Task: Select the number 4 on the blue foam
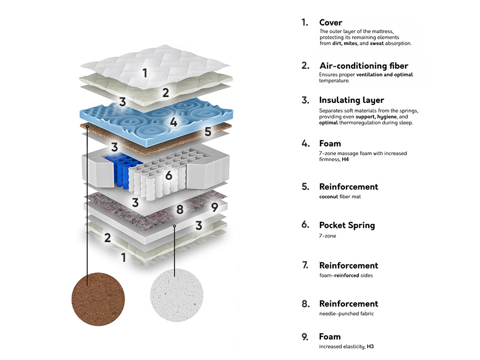[173, 122]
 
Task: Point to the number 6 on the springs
[169, 175]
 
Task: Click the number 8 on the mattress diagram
[180, 209]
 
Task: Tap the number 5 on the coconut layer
[208, 131]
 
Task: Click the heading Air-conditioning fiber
[363, 66]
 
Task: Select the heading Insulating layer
[351, 100]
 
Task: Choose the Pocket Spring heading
[347, 225]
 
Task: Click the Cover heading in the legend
[331, 22]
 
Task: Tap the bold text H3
[370, 347]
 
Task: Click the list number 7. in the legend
[305, 265]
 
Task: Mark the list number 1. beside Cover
[305, 22]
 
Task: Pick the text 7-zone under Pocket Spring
[327, 236]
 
